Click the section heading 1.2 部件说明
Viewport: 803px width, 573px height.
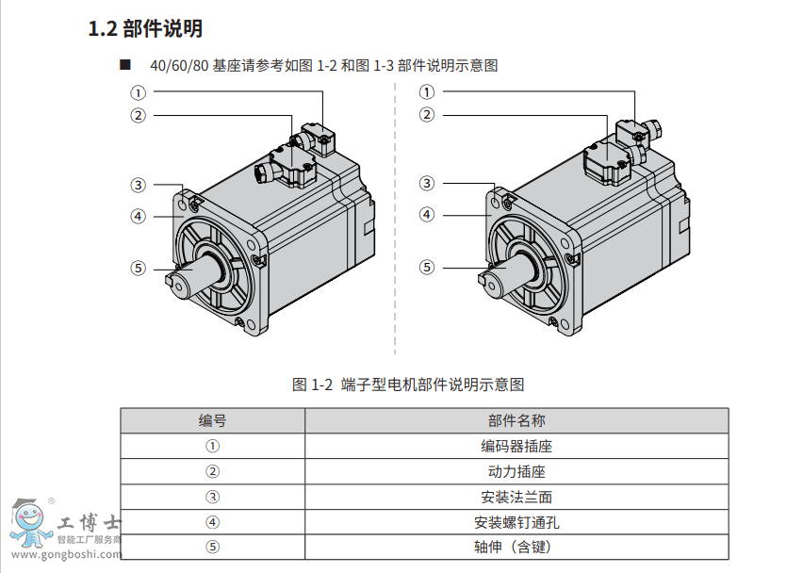[145, 28]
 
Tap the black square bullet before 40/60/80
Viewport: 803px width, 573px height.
[125, 64]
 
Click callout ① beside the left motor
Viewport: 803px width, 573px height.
[138, 92]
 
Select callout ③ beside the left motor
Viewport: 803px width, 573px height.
[138, 185]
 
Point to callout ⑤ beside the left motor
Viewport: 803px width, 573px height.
[138, 268]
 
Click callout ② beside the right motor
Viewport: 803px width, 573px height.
[427, 114]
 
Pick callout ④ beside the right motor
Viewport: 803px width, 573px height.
[427, 214]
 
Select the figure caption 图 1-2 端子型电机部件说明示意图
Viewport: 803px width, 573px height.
[408, 385]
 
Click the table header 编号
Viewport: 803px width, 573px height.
[212, 420]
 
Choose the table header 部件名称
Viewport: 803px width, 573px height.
[516, 420]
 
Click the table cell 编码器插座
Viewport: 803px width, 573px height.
[516, 446]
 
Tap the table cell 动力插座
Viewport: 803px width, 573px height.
[516, 471]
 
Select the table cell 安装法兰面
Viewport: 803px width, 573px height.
[516, 497]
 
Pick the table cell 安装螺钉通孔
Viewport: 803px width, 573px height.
[516, 522]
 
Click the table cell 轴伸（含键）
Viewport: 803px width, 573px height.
[513, 547]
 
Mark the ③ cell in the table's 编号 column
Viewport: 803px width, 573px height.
[212, 497]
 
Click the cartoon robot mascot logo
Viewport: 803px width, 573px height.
[30, 523]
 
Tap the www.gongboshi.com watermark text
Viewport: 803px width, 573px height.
[67, 554]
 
